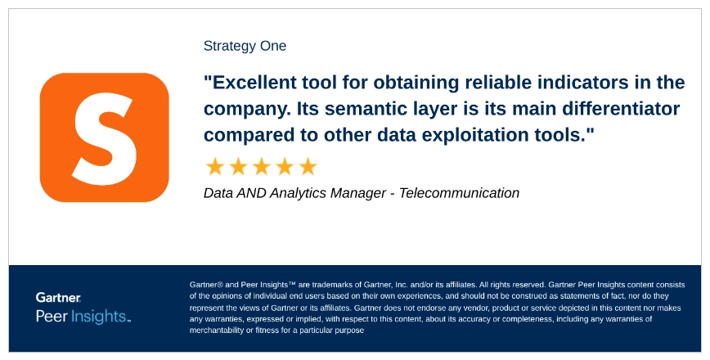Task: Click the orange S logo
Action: tap(104, 137)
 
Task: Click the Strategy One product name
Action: tap(245, 46)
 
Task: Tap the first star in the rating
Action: tap(215, 167)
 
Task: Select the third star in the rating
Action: tap(261, 167)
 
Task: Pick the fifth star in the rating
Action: tap(308, 167)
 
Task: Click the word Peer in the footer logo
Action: tap(51, 316)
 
